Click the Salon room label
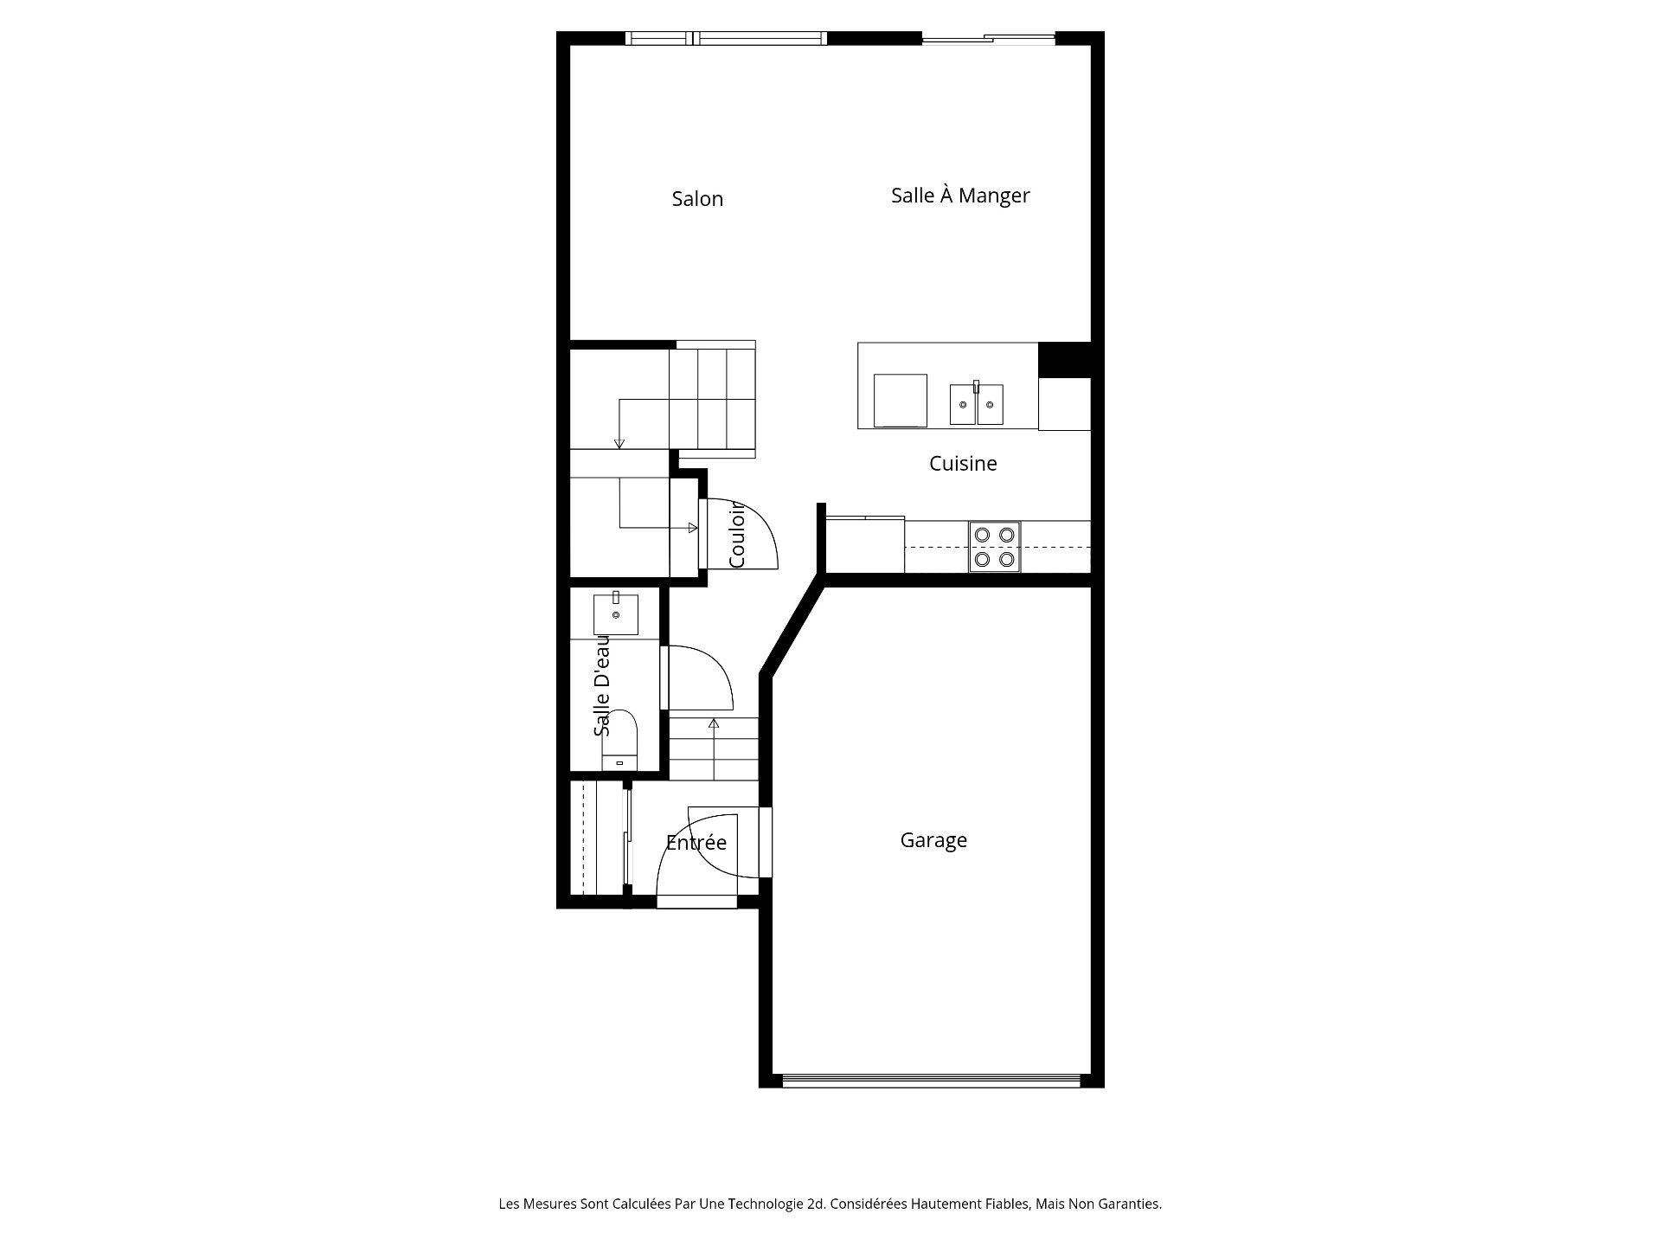[697, 199]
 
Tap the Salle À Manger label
[960, 196]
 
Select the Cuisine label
[963, 464]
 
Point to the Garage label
[933, 840]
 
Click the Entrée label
[696, 843]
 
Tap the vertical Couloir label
[737, 536]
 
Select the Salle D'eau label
[602, 685]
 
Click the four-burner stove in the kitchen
[994, 547]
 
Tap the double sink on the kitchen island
[977, 404]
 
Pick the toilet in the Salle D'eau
[619, 741]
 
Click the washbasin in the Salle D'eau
[616, 613]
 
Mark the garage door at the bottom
[931, 1080]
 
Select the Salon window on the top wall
[726, 38]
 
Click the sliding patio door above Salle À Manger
[988, 38]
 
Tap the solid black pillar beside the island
[1063, 360]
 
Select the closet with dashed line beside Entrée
[596, 838]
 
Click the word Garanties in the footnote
[1130, 1204]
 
